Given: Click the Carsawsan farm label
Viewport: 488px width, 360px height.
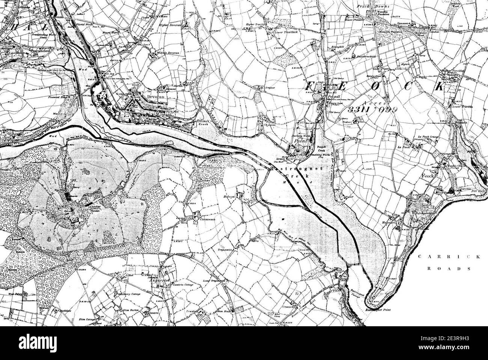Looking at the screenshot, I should coord(207,217).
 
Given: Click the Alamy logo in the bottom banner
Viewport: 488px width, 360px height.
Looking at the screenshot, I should coord(41,343).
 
